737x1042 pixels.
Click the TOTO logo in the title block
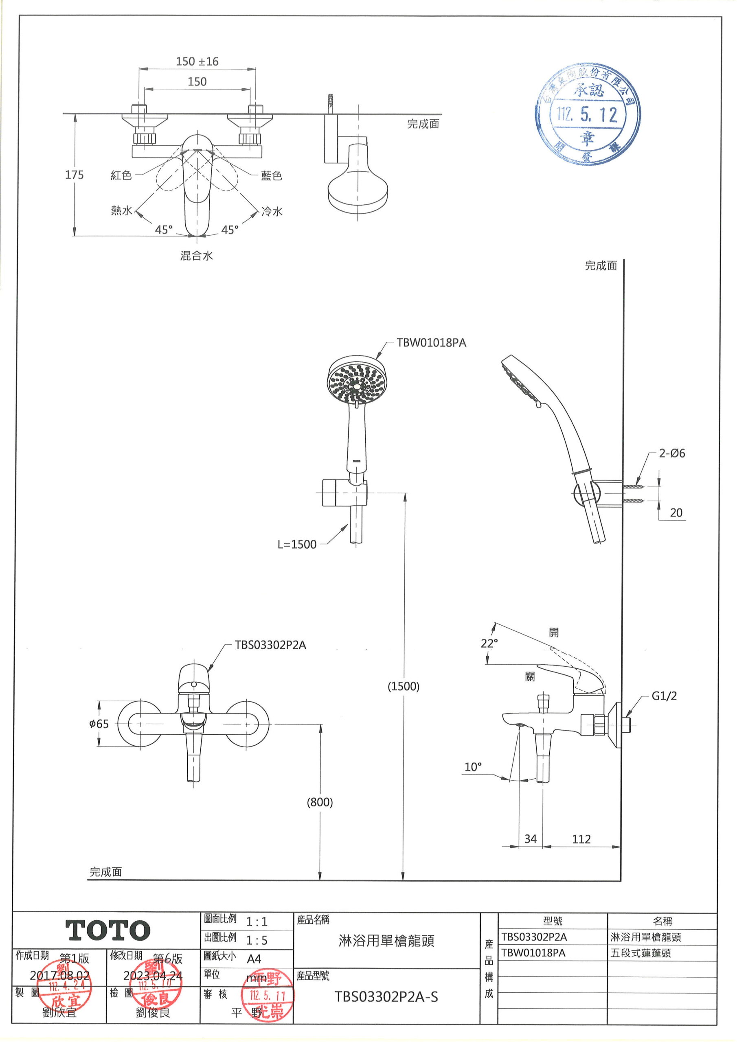[x=108, y=931]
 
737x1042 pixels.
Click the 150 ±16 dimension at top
[x=197, y=61]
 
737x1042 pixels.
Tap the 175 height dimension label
[x=74, y=175]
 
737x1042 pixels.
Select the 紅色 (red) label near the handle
[x=121, y=175]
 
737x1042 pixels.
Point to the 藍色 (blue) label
[x=271, y=175]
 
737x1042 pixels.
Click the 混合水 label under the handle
[x=196, y=256]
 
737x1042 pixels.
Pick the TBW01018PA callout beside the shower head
[x=431, y=343]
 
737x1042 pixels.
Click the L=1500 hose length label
[x=297, y=544]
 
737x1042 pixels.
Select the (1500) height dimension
[x=403, y=686]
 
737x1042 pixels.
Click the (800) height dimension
[x=320, y=802]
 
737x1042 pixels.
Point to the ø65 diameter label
[x=99, y=724]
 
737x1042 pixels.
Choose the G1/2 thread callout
[x=664, y=696]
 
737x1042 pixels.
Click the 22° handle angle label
[x=489, y=643]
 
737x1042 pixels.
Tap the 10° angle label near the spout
[x=473, y=767]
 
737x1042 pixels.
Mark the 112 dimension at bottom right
[x=581, y=839]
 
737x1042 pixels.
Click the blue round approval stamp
[x=588, y=114]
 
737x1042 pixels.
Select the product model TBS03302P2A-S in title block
[x=386, y=997]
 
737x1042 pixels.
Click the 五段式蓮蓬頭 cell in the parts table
[x=641, y=953]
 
